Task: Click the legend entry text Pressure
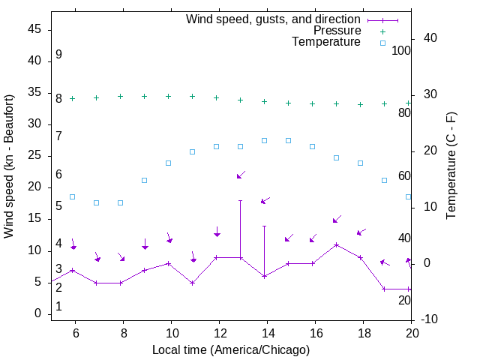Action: [x=337, y=31]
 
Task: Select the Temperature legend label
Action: [x=325, y=43]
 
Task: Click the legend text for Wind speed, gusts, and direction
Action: [x=273, y=19]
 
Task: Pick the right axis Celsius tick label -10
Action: [x=430, y=319]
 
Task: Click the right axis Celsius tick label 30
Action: [x=430, y=94]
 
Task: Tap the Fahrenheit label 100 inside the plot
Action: [x=401, y=50]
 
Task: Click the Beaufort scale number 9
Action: [x=58, y=55]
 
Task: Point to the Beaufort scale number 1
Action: [x=58, y=307]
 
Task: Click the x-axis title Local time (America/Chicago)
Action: [x=230, y=350]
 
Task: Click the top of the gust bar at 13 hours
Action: [x=240, y=200]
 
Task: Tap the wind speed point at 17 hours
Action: [x=337, y=244]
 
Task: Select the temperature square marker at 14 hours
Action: [x=264, y=140]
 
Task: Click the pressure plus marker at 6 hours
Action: [x=72, y=98]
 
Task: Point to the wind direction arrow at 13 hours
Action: [x=241, y=175]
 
